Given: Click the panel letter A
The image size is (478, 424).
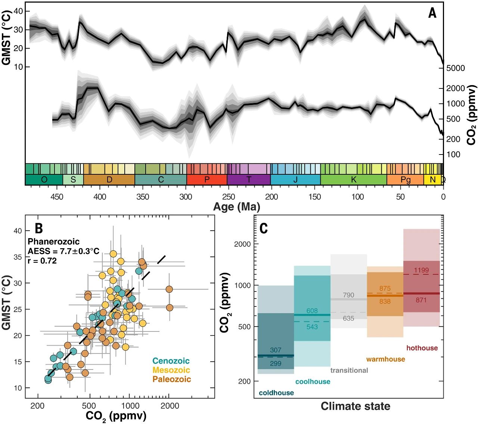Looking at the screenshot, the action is tap(432, 13).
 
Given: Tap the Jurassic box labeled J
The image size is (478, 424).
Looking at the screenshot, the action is tap(295, 180).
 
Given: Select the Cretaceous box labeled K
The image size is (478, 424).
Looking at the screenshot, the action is tap(353, 180).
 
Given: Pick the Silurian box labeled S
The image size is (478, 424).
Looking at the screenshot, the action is tap(73, 180).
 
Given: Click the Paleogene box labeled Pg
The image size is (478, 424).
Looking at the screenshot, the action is tap(405, 180).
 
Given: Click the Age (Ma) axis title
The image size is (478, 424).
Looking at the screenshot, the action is tap(237, 207).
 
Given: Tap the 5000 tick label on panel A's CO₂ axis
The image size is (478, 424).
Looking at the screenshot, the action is tap(455, 68).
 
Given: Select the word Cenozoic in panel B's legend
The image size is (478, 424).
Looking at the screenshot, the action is tap(171, 361).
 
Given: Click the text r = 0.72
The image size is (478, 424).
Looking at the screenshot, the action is tap(42, 261).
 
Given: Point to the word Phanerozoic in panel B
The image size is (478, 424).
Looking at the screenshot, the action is tap(53, 241).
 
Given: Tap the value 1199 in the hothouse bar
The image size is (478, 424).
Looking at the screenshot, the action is tap(421, 270).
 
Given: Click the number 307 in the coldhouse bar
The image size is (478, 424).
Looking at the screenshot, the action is tap(276, 350).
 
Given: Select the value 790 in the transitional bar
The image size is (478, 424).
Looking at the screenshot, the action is tap(348, 295).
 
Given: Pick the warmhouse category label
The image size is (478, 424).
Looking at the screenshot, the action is tap(385, 359).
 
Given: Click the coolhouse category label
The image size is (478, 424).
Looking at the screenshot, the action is tap(313, 381).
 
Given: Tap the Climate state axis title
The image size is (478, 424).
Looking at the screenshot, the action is tap(355, 406).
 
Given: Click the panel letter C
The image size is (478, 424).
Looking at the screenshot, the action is tap(264, 228).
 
